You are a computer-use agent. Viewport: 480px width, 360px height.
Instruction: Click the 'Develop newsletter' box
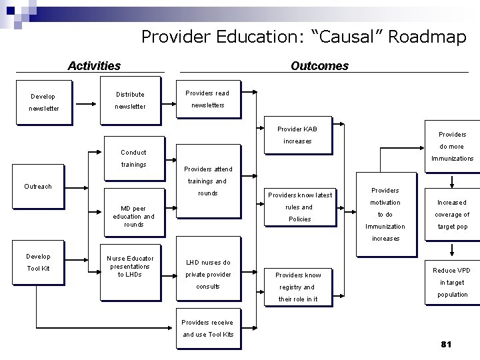tap(43, 102)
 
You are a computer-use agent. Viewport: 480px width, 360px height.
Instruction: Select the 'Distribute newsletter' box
tap(130, 101)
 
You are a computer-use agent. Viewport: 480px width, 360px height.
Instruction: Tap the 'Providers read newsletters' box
tap(207, 99)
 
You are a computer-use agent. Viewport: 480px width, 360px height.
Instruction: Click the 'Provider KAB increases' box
tap(297, 135)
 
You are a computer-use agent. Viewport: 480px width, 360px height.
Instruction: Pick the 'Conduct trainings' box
tap(133, 158)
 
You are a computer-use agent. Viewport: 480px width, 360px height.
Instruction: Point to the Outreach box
tap(37, 187)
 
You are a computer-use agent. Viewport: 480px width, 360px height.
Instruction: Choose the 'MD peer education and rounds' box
tap(133, 217)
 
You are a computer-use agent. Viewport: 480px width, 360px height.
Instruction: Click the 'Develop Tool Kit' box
tap(38, 263)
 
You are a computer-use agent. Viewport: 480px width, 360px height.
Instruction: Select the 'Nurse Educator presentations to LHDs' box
tap(130, 266)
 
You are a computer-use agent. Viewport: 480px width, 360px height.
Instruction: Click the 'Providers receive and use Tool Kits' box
tap(208, 328)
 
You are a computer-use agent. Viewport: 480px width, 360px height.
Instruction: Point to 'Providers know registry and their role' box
tap(298, 287)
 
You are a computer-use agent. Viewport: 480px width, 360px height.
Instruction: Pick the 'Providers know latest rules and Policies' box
tap(299, 207)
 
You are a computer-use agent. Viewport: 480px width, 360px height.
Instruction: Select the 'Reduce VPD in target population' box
tap(452, 282)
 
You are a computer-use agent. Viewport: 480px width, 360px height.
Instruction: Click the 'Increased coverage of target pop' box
tap(452, 214)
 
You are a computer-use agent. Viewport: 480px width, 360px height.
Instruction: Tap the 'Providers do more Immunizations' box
tap(451, 147)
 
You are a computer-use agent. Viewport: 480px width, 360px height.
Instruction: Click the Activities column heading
tap(94, 65)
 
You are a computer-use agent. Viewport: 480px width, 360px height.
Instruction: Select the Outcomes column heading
tap(319, 65)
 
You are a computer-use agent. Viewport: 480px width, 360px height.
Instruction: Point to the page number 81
tap(446, 344)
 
